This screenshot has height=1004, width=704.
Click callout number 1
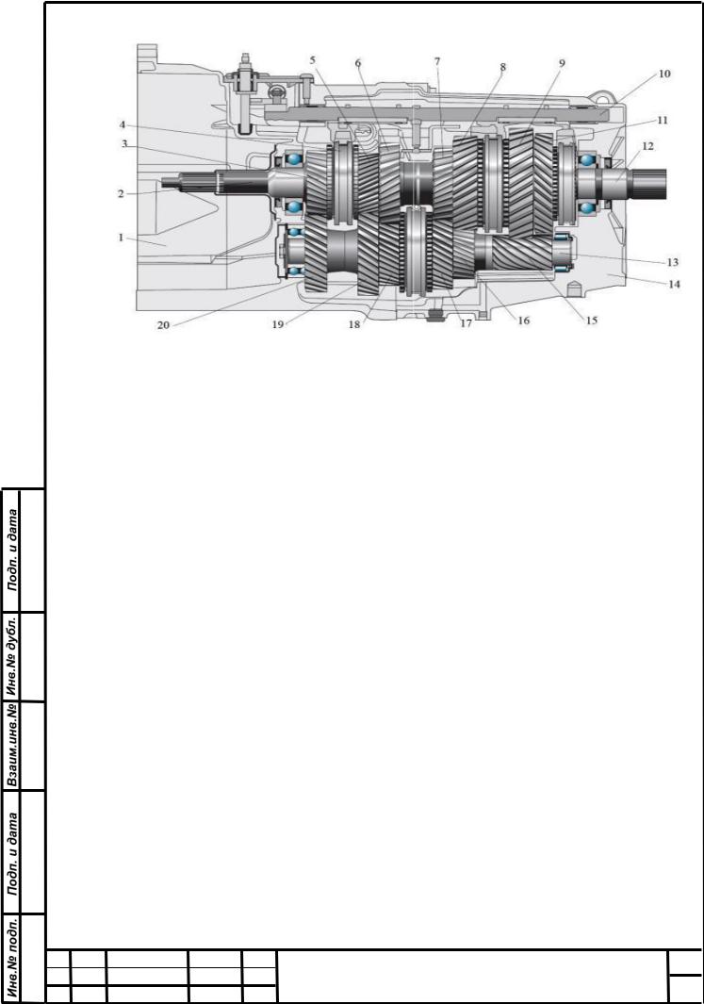pos(121,238)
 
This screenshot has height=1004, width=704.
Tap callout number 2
pos(121,192)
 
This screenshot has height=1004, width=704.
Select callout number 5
pos(313,60)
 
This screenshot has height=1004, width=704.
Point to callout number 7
pos(437,61)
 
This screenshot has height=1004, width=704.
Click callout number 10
pos(664,74)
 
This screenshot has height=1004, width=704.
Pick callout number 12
pos(647,147)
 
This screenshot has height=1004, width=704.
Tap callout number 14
pos(674,284)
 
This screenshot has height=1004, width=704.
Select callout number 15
pos(591,320)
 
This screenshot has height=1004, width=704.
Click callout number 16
pos(523,321)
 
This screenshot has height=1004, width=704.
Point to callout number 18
pos(354,324)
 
